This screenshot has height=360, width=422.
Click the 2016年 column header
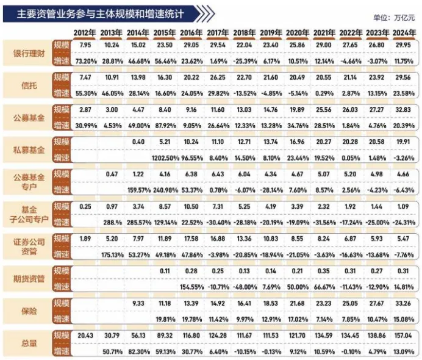(191, 33)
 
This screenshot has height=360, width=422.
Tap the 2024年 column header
(404, 33)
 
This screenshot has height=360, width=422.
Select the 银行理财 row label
(29, 53)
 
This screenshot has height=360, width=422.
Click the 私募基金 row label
(29, 150)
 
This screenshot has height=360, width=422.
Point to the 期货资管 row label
(29, 279)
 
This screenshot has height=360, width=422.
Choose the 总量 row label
(29, 344)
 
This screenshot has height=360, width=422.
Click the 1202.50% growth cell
(165, 158)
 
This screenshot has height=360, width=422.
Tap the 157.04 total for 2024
(403, 336)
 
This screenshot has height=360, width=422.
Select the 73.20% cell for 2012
(86, 62)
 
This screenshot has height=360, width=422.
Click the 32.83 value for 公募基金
(403, 110)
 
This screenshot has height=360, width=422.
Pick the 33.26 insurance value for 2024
(403, 303)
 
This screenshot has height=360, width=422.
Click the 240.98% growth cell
(165, 190)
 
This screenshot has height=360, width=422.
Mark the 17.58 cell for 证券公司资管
(191, 239)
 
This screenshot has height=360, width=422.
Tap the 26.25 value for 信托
(218, 77)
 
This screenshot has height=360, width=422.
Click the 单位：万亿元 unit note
(395, 18)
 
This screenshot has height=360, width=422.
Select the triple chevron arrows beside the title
(205, 14)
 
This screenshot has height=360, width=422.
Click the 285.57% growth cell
(138, 223)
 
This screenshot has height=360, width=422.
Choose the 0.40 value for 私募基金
(138, 142)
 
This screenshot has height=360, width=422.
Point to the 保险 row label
(29, 311)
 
